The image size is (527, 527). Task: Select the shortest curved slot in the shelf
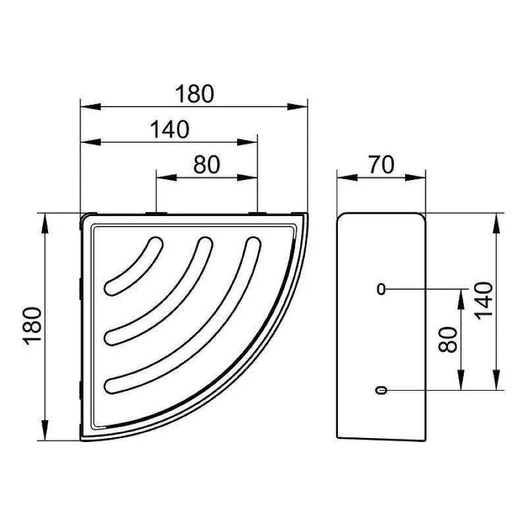click(x=134, y=266)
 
